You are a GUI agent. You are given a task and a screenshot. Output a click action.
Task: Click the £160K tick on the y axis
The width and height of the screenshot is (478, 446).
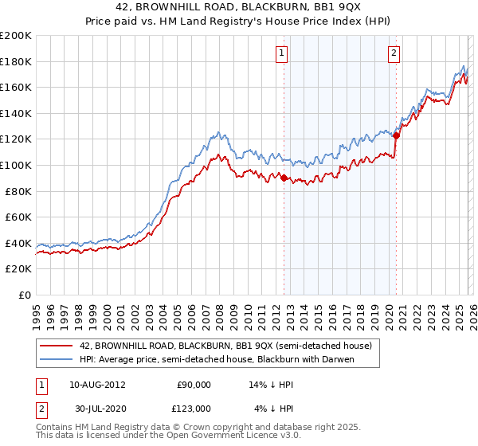pos(16,87)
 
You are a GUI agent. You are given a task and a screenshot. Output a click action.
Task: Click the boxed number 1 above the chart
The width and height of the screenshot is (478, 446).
pos(283,53)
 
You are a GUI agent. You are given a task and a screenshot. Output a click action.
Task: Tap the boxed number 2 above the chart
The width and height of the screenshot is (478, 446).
pos(394,53)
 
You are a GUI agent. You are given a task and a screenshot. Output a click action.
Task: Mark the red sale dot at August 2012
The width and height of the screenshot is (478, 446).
pos(284,178)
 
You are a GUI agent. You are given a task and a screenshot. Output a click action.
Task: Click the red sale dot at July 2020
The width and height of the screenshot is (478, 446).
pos(396,135)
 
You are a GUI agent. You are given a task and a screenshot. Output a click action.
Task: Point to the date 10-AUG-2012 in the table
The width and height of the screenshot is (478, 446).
pos(96,384)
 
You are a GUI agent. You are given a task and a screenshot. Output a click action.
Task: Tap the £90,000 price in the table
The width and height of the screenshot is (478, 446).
pos(194,384)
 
